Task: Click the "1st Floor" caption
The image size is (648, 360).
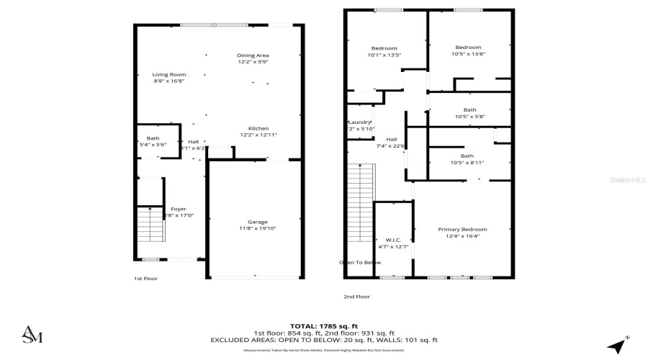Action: tap(145, 278)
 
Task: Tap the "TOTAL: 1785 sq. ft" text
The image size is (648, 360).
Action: tap(323, 326)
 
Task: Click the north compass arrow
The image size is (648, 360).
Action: tap(616, 345)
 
